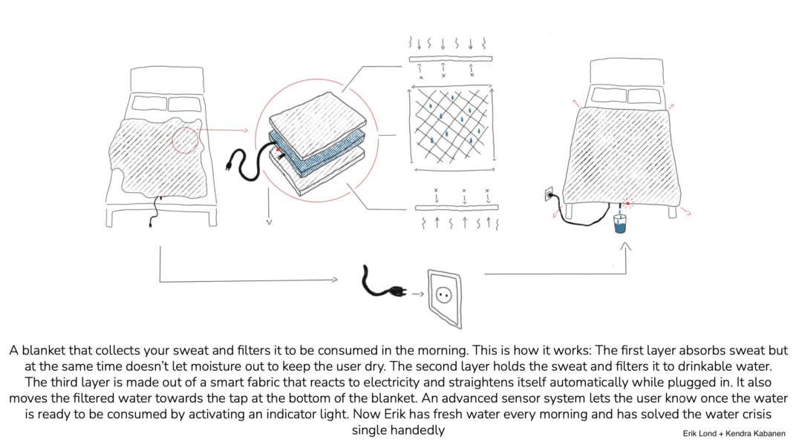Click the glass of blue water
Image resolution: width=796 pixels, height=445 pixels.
(x=619, y=225)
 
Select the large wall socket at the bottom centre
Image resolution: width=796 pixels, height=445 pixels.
(x=444, y=296)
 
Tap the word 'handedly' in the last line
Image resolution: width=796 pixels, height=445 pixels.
(x=421, y=429)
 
